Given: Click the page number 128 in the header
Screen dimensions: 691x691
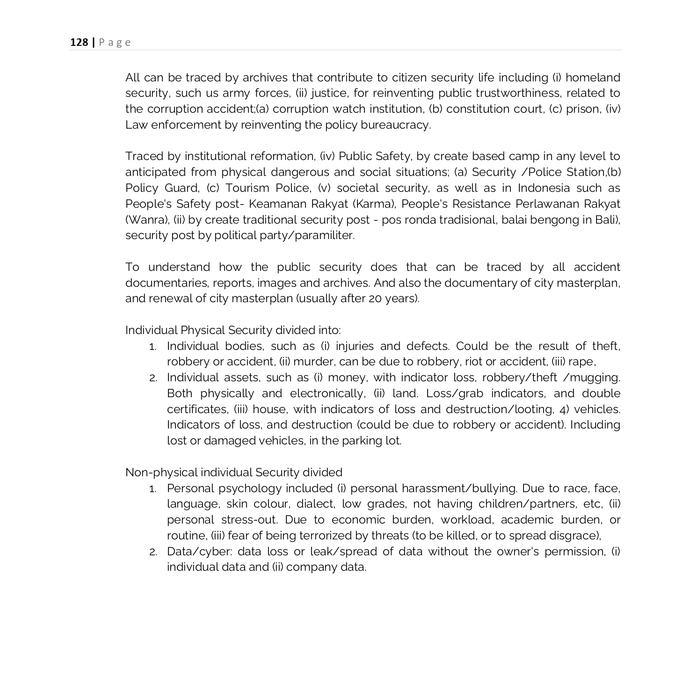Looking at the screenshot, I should point(79,43).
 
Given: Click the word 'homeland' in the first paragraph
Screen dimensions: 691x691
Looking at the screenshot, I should point(593,77).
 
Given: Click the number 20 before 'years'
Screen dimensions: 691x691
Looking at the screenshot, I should point(375,299).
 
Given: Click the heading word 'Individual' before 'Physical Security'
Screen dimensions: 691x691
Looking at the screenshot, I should point(151,330).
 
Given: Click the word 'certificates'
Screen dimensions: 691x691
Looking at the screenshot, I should point(198,409).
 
